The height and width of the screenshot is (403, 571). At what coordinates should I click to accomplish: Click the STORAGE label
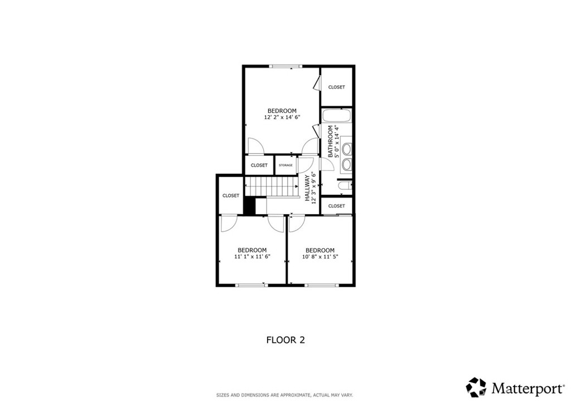285,165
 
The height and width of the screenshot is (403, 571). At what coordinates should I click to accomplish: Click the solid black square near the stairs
249,205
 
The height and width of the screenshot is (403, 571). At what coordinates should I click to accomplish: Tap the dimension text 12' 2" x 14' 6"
282,117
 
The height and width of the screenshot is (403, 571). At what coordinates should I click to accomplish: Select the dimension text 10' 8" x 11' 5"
320,257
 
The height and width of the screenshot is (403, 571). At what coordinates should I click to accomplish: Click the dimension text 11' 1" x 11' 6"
252,257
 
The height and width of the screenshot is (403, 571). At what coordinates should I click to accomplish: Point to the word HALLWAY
307,188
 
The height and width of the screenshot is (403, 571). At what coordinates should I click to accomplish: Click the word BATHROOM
330,141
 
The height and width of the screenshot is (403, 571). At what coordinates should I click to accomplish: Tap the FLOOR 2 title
285,340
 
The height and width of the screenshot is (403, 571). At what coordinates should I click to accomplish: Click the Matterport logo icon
476,386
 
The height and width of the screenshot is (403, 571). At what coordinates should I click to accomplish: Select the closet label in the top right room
336,87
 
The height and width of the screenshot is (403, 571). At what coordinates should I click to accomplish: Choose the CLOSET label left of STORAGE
259,165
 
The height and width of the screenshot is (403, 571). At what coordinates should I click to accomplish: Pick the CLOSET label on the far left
230,195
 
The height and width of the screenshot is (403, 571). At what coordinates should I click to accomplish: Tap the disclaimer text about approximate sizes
285,395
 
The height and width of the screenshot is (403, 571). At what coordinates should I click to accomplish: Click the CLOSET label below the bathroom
336,206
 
